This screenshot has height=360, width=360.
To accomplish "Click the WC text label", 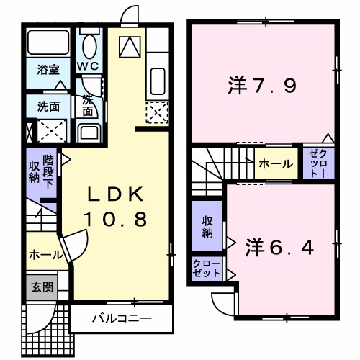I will (x=89, y=66).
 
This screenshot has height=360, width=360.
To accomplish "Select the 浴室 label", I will (x=48, y=70).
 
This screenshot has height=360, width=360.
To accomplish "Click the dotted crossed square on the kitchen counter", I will (x=158, y=112).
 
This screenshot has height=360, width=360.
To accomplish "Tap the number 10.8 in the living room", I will (x=117, y=219).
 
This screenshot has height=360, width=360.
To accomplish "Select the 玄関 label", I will (x=40, y=286).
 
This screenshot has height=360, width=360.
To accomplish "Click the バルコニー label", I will (x=121, y=317).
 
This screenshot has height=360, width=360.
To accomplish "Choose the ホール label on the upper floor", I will (x=275, y=164).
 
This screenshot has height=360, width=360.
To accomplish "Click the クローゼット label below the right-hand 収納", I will (x=207, y=269).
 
